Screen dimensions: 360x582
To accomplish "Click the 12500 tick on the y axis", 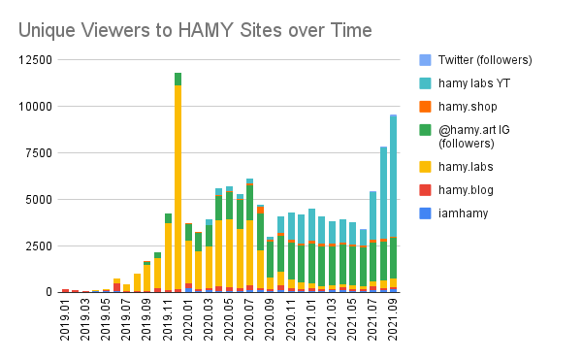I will (33, 59).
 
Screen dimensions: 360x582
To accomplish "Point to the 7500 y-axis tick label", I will (36, 152).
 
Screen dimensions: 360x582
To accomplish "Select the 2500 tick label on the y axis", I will (36, 245).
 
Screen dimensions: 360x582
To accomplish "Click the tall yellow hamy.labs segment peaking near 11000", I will (178, 184).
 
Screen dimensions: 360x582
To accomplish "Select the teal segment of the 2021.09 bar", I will (393, 175).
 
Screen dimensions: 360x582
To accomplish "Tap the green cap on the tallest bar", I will (178, 79).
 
